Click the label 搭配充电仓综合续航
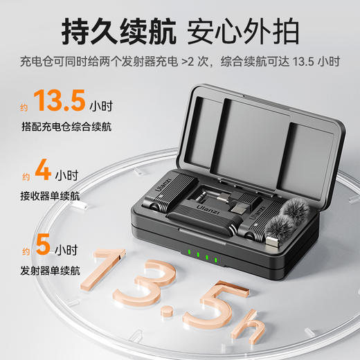click(66, 127)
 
